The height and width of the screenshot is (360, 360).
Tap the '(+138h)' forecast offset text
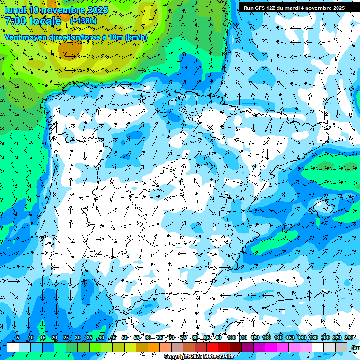tap(84, 20)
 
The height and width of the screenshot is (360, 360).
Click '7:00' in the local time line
tap(15, 21)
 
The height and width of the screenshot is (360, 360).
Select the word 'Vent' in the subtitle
tap(14, 37)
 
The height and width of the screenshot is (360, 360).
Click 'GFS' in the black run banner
tap(260, 8)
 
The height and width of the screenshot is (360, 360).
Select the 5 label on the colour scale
tap(18, 337)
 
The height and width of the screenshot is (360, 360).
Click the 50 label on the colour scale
tap(124, 337)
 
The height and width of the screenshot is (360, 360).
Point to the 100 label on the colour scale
tap(232, 337)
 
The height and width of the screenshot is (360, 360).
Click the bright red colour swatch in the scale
tap(212, 347)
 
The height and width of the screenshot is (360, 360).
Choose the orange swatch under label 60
tap(153, 347)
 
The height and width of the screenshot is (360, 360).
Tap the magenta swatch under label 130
tap(271, 347)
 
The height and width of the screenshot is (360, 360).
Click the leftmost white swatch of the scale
tap(13, 347)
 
